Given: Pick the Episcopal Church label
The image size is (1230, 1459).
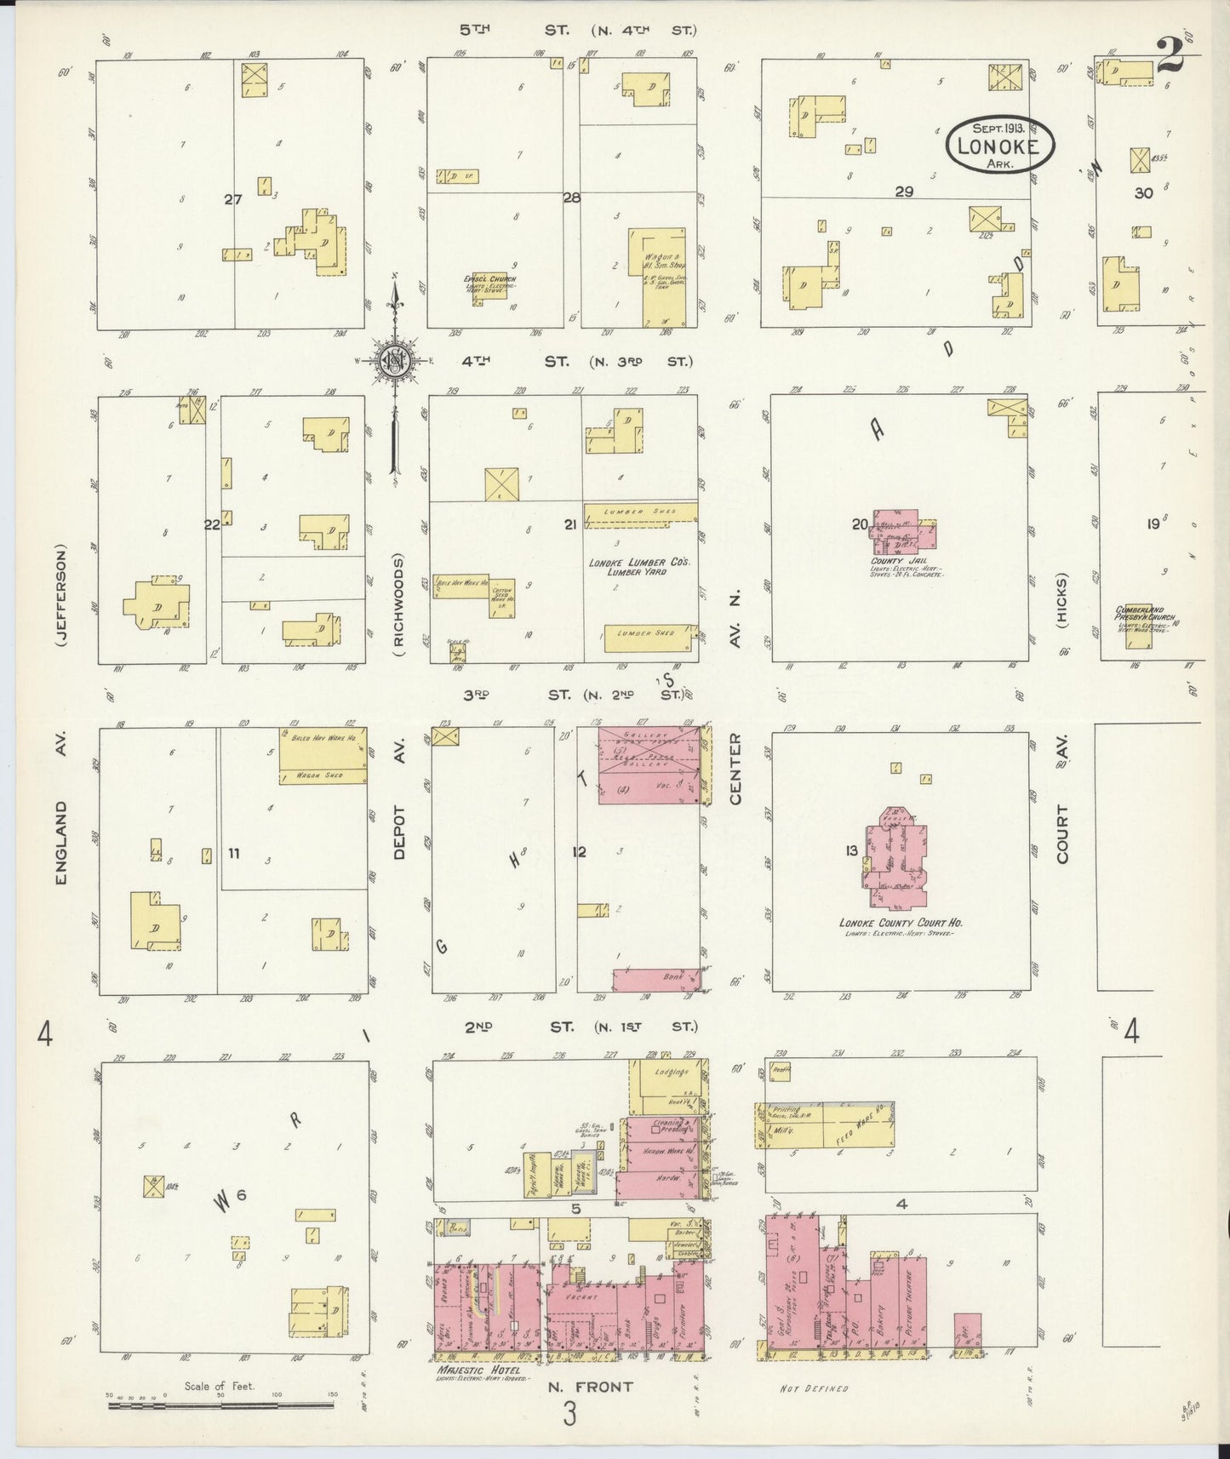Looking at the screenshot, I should pyautogui.click(x=489, y=278).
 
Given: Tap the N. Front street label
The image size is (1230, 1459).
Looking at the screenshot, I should pyautogui.click(x=590, y=1387).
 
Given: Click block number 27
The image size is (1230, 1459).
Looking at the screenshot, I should pyautogui.click(x=233, y=200).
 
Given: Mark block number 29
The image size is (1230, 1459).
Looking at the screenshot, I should pyautogui.click(x=903, y=192).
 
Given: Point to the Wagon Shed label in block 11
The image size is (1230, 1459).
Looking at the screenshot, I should pyautogui.click(x=323, y=775).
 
